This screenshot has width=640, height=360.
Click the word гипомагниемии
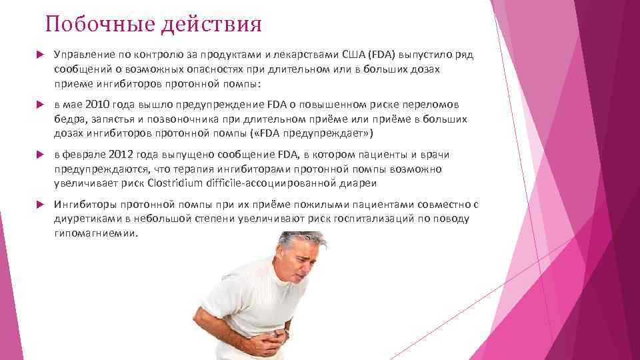[96, 233]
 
